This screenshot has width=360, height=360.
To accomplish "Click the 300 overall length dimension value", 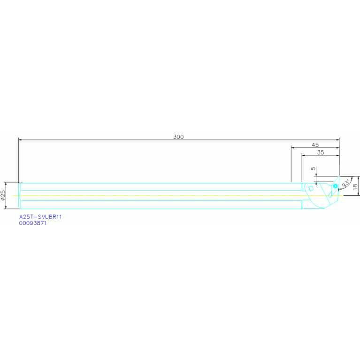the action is coord(178,137).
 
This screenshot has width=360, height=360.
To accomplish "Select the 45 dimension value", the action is coord(315,145).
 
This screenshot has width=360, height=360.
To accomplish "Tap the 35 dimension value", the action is coord(321,153).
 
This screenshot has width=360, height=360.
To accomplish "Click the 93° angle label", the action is coord(346,183).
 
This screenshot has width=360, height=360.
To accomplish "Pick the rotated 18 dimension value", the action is coord(355,186).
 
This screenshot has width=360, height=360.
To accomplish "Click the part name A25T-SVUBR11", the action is coord(41,217).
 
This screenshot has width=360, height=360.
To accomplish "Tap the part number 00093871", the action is coord(33,223).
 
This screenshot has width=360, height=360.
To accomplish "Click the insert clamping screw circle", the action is coord(335,186).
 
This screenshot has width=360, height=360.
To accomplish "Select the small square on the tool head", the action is coord(311,188).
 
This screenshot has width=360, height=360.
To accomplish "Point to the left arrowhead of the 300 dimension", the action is coord(20,139).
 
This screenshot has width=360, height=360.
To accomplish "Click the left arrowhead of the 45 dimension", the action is coord(293,147).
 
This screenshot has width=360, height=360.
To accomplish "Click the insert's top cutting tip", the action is coord(338,177).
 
